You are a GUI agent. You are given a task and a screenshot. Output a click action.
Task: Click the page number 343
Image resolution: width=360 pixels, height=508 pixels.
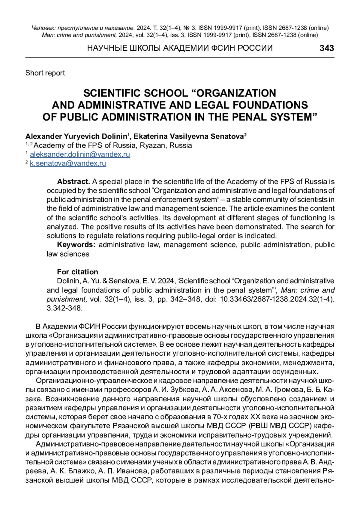click(x=327, y=48)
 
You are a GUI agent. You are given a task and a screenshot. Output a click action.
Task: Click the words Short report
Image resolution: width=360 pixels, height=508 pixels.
click(x=45, y=73)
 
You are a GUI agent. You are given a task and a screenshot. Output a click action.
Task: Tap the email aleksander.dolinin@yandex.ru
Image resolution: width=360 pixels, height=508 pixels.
click(x=80, y=154)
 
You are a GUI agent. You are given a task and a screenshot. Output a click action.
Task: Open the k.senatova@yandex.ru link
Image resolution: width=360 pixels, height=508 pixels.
click(x=68, y=163)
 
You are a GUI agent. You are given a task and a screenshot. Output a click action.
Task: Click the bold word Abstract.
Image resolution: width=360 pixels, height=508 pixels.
click(x=73, y=181)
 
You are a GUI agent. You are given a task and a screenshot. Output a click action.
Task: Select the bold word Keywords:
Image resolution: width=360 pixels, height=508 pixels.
click(x=76, y=245)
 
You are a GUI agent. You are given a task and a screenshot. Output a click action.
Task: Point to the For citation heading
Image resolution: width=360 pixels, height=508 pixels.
click(x=77, y=272)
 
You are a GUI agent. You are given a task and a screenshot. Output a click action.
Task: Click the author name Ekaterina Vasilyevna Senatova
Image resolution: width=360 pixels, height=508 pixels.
click(x=188, y=136)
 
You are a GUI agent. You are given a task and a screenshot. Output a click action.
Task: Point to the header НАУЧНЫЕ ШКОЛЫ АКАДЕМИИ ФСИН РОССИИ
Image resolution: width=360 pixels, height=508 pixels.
click(x=180, y=48)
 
